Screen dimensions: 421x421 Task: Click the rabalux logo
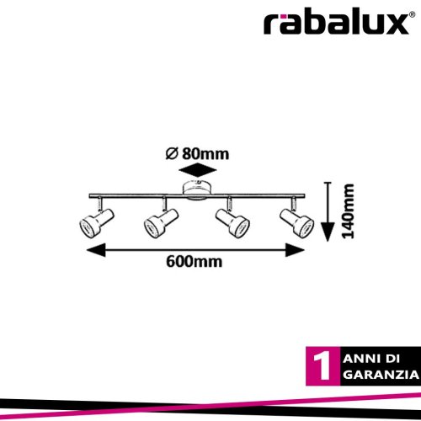click(x=336, y=23)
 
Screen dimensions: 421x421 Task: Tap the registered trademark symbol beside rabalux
click(x=412, y=14)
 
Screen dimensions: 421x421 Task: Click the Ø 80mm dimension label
click(x=197, y=154)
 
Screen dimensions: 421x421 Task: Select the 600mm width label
click(x=195, y=262)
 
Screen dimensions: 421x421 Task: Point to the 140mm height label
click(x=349, y=211)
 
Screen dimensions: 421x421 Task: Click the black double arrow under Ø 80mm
click(x=198, y=170)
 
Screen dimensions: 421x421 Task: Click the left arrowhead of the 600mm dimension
click(x=96, y=250)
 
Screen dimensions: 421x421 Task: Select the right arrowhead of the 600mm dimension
click(x=295, y=250)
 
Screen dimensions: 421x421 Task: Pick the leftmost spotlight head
click(x=96, y=221)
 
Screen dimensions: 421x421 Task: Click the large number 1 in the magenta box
click(x=322, y=366)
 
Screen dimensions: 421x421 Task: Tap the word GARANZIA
click(x=381, y=375)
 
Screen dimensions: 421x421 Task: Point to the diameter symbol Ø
click(x=172, y=154)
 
